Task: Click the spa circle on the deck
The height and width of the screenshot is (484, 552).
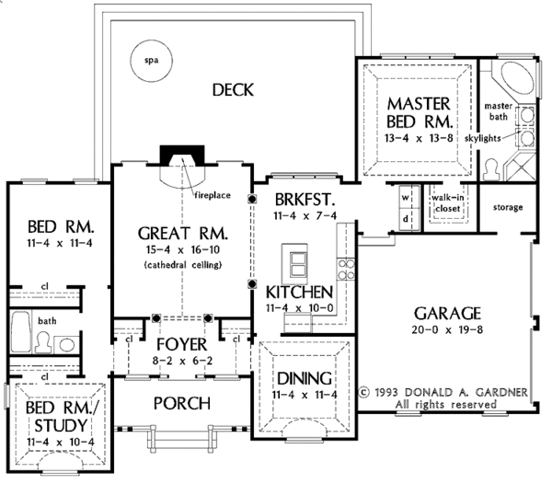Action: tap(151, 61)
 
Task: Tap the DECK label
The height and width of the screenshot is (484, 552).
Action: tap(232, 89)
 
